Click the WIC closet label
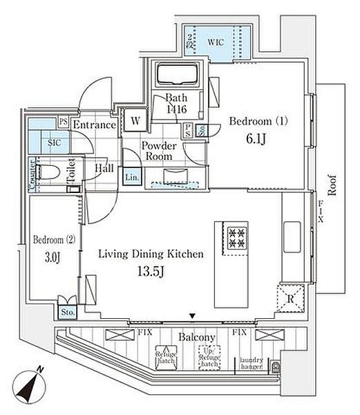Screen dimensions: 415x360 coord(216,41)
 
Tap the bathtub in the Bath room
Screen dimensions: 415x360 coord(178,74)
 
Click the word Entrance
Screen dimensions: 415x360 coord(94,125)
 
